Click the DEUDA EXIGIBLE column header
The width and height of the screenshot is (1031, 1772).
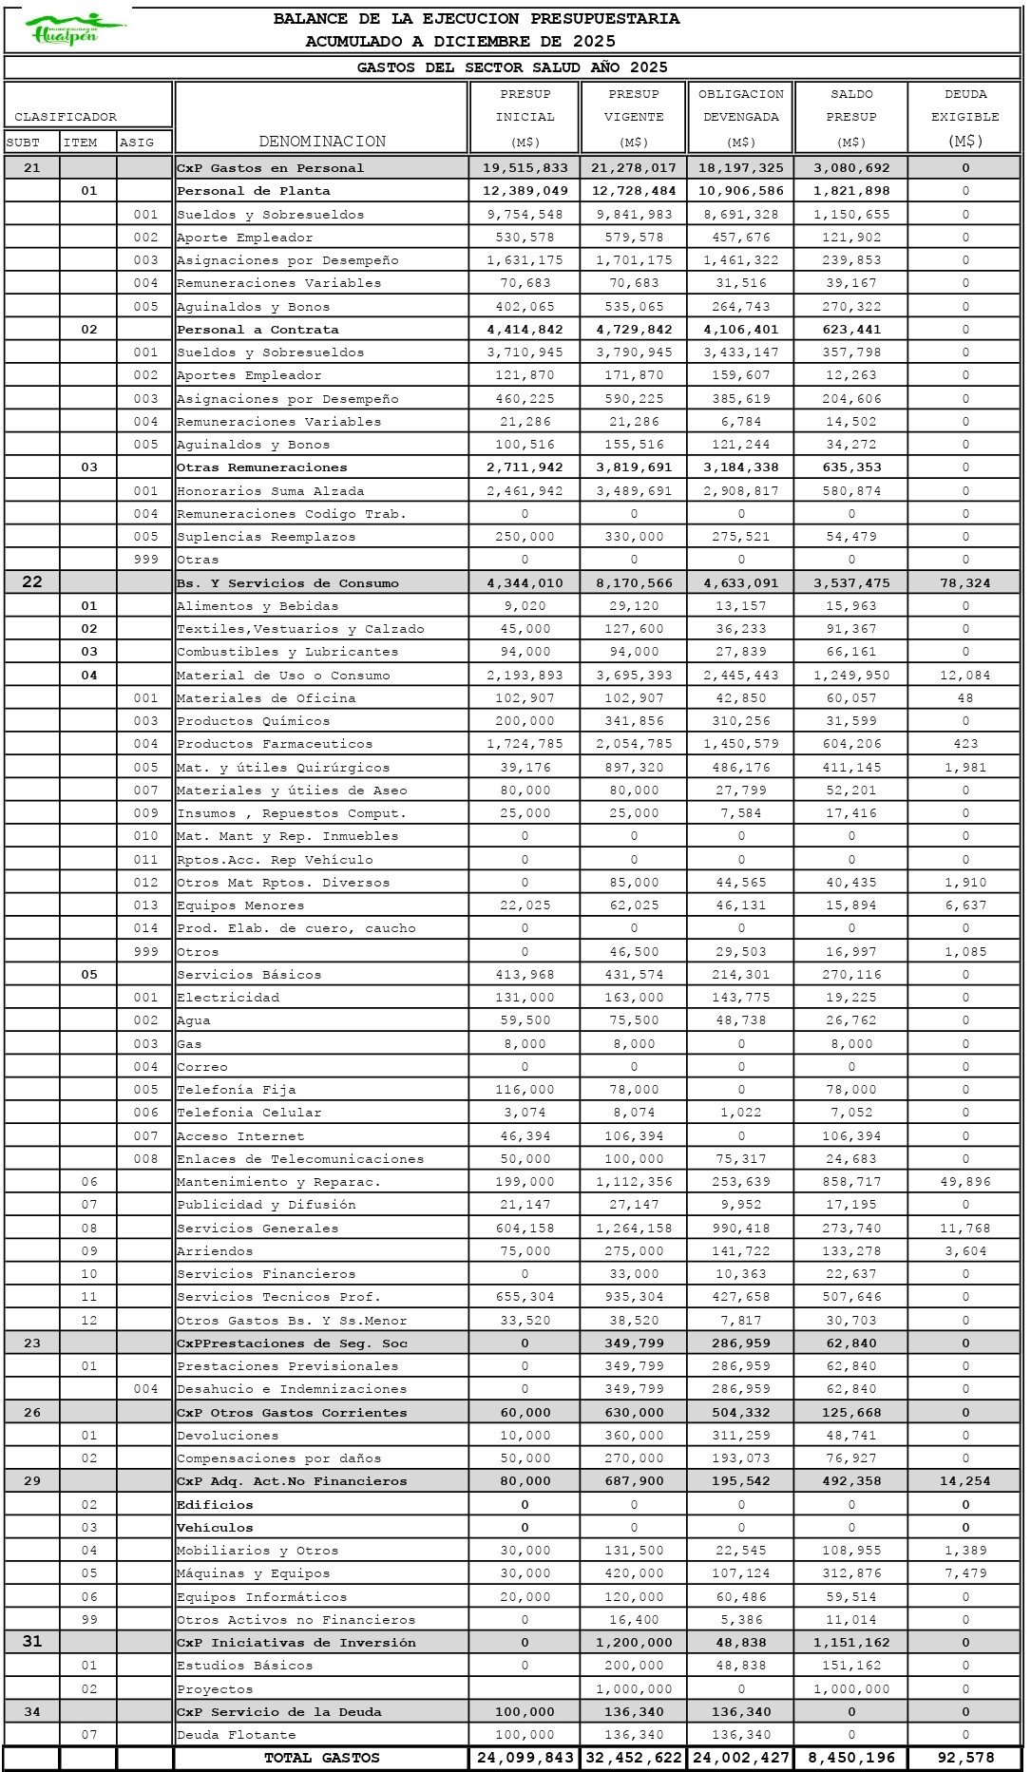964,117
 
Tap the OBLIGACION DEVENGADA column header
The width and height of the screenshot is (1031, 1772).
741,117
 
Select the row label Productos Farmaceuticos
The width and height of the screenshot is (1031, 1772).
275,744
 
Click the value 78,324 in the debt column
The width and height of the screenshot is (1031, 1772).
964,583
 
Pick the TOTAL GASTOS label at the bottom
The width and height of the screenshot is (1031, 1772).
321,1758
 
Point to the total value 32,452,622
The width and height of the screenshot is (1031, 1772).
634,1758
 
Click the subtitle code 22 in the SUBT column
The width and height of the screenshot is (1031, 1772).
32,582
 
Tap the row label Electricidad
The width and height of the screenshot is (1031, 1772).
228,998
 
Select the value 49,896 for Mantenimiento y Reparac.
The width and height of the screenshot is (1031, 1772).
964,1182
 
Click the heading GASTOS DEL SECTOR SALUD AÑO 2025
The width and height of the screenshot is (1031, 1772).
512,67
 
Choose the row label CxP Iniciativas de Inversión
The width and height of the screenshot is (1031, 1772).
296,1643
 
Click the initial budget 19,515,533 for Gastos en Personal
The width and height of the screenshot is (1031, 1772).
525,168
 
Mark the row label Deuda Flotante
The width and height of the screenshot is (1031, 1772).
236,1735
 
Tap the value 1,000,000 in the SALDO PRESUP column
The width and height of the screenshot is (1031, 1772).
851,1689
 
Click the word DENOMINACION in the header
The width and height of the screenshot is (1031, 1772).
322,142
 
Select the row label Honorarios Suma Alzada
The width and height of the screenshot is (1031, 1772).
270,491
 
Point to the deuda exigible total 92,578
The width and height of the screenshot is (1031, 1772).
964,1758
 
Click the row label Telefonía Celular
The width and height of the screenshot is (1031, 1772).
249,1113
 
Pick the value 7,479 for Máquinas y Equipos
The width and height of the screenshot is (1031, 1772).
964,1573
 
